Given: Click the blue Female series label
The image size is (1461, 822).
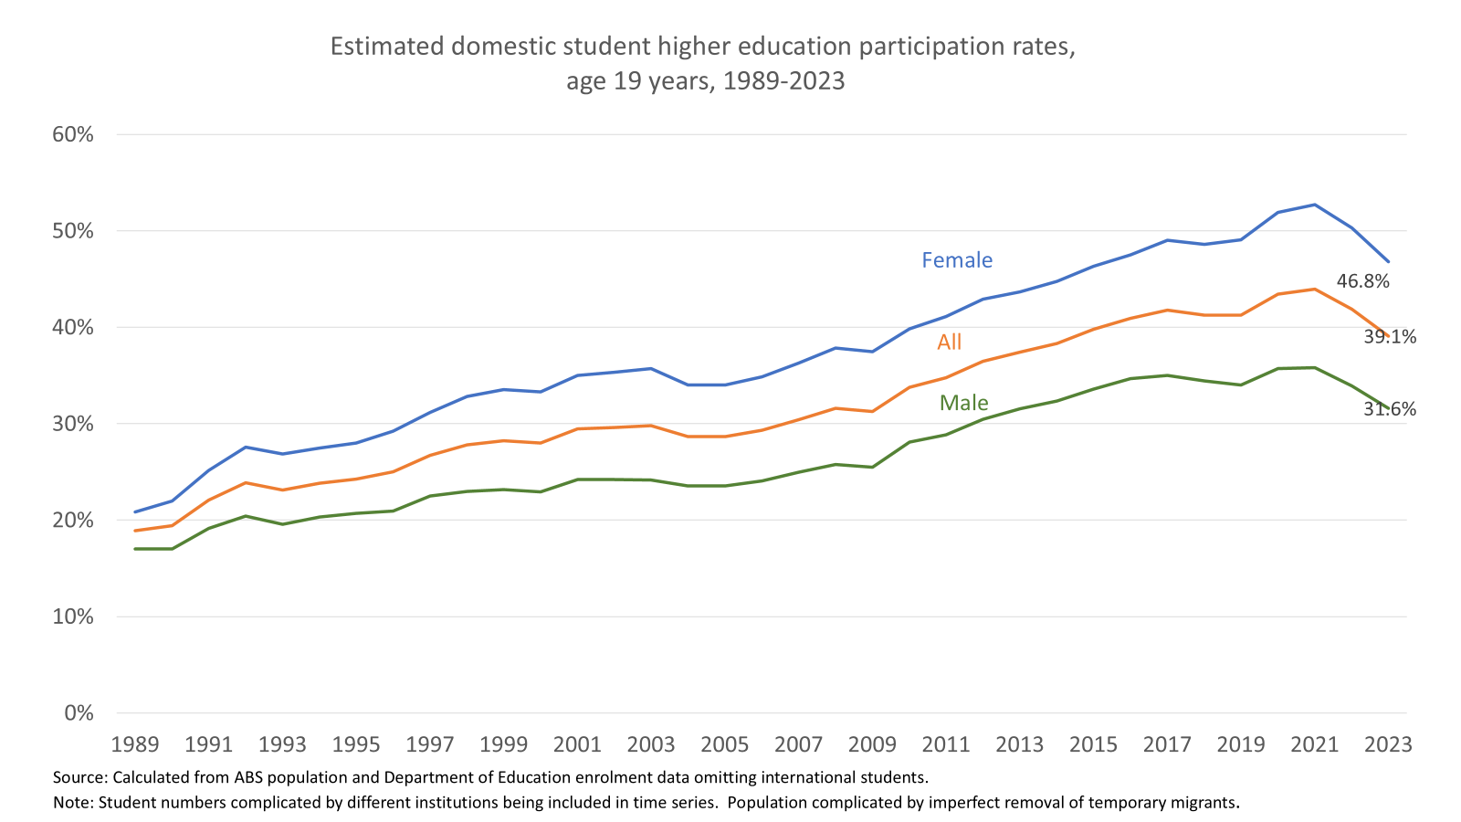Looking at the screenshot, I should tap(957, 260).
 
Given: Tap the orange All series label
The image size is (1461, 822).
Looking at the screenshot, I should tap(950, 342).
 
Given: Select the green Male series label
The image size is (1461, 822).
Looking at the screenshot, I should tap(963, 403).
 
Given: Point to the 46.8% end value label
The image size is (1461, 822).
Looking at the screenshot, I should tap(1362, 281).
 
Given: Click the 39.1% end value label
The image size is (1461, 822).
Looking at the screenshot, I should tap(1390, 337).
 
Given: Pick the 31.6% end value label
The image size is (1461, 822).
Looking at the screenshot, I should tap(1390, 409).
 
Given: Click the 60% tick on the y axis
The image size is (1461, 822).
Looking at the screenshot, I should tap(73, 135).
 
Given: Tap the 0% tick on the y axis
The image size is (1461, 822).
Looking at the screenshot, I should tap(79, 713).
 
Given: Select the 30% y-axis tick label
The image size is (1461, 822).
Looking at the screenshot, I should tap(73, 424).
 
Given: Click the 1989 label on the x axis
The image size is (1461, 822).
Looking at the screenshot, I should tap(135, 744).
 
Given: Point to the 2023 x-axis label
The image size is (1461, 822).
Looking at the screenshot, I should tap(1388, 744).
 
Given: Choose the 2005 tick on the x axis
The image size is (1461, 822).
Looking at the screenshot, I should tap(725, 744).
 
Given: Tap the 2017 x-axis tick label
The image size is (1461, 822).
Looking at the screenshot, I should tap(1167, 744).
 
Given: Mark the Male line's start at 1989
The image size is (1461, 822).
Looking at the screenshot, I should tap(135, 549).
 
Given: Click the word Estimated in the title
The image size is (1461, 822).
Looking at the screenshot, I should tap(387, 47).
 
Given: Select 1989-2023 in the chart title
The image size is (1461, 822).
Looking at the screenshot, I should tap(783, 82).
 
